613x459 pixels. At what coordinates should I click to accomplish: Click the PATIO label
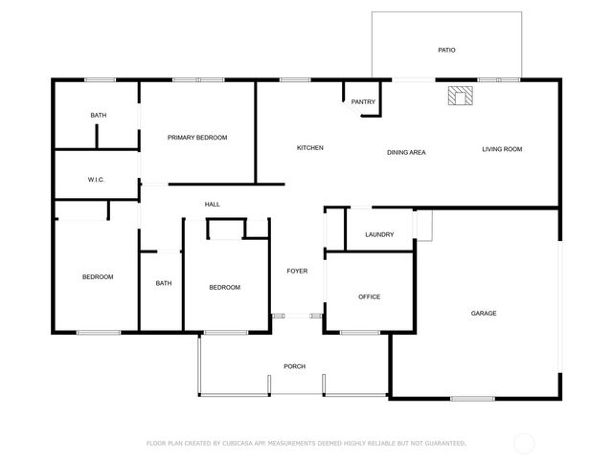click(446, 49)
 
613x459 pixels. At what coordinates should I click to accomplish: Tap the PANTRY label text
click(363, 102)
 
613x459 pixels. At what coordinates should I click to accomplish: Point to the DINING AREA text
click(406, 152)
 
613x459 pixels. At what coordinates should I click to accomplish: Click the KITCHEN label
click(309, 148)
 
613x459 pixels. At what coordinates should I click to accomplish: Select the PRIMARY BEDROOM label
click(197, 138)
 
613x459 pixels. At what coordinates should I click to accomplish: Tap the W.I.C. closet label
click(96, 179)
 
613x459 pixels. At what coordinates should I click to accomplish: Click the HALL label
click(213, 204)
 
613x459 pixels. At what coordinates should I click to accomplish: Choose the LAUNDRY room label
click(379, 234)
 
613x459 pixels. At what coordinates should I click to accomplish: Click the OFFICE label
click(369, 296)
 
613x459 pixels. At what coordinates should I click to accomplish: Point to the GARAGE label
click(483, 313)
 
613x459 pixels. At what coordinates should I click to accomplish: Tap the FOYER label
click(297, 272)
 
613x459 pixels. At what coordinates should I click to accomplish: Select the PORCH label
click(294, 366)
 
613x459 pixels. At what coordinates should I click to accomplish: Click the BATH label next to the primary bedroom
click(99, 116)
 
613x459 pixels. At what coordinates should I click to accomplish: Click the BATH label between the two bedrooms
click(164, 283)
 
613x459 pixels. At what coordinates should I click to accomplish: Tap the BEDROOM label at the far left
click(98, 277)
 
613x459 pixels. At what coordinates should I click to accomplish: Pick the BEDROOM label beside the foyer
click(224, 287)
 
